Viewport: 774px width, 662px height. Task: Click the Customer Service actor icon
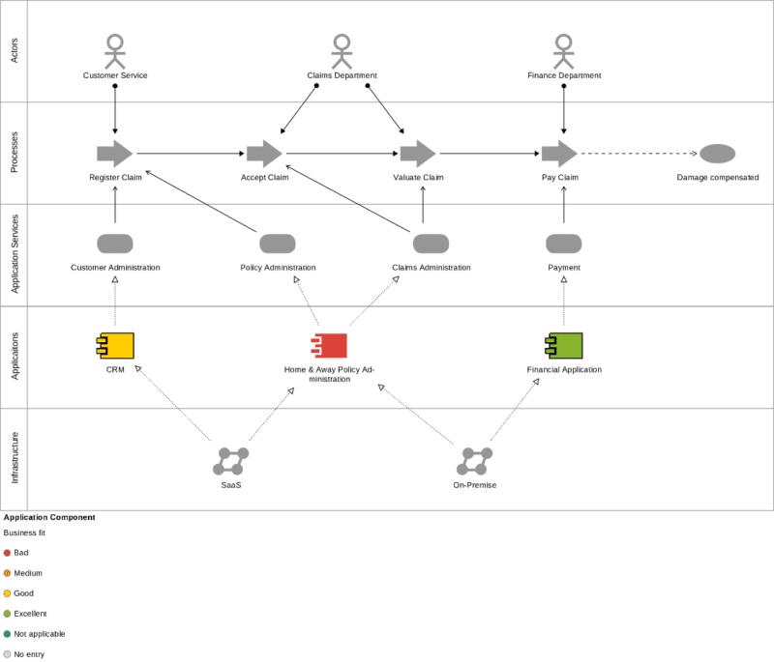115,51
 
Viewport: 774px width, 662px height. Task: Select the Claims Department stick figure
341,51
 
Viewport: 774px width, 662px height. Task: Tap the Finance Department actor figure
564,51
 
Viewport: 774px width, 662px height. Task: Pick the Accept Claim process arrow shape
264,154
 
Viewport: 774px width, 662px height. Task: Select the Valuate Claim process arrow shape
418,154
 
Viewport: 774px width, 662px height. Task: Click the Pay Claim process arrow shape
559,154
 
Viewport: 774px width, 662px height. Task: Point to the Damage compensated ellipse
717,154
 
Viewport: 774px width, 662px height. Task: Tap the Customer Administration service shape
115,244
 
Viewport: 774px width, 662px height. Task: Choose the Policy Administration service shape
278,244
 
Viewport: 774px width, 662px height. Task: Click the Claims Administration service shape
431,244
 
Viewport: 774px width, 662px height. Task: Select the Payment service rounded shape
564,244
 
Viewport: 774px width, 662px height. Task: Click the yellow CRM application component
115,346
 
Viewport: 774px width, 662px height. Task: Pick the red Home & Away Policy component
329,346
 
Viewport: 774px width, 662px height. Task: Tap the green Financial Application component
564,346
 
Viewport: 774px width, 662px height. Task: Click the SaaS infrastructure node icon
231,461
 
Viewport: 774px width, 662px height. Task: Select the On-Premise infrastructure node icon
474,461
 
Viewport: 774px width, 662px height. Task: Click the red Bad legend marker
7,553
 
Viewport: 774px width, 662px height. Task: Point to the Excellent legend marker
7,614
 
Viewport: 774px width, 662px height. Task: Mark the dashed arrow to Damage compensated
639,154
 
